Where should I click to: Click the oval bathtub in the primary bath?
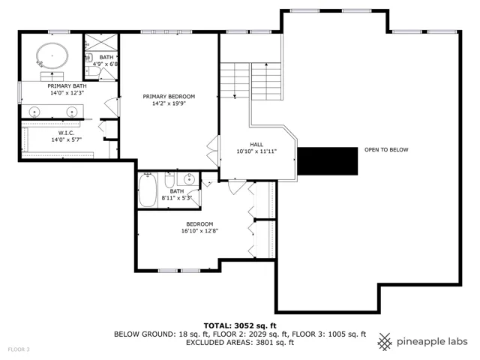tap(52, 56)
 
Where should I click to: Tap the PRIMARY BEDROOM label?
tap(169, 97)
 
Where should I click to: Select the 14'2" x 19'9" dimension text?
tap(169, 103)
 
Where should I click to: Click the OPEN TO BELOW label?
tap(386, 150)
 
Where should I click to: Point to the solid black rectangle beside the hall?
tap(328, 161)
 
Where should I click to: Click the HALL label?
tap(256, 145)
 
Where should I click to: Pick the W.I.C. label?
tap(67, 133)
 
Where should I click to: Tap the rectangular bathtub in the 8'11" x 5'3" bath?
tap(148, 190)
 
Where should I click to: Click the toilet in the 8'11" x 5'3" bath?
tap(169, 181)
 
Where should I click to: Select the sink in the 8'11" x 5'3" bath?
tap(189, 178)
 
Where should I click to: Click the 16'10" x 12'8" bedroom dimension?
tap(200, 231)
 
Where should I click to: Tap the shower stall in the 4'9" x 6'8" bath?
tap(101, 42)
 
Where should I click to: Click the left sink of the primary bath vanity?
tap(34, 112)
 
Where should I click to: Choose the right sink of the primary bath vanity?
tap(72, 112)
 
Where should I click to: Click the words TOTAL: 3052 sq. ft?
tap(240, 325)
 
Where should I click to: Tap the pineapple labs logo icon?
tap(385, 342)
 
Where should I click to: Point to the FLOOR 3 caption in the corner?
tap(19, 349)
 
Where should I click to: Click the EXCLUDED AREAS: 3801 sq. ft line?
tap(240, 343)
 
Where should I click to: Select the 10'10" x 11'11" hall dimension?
tap(256, 151)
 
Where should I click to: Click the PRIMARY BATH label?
tap(67, 86)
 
